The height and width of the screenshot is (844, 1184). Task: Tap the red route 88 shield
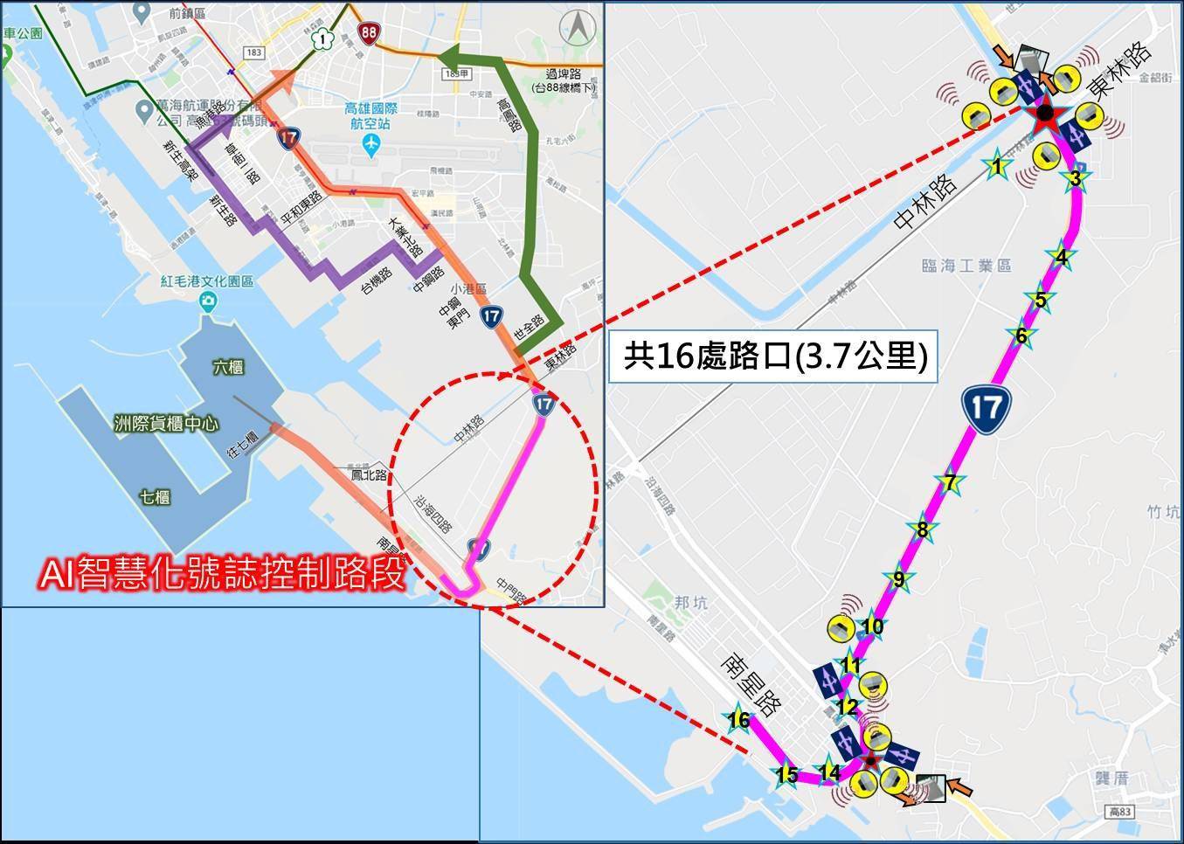tap(369, 33)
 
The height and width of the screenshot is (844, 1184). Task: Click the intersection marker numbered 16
tap(738, 720)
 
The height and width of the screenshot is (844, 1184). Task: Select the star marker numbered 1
tap(996, 164)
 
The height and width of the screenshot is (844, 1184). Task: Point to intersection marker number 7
tap(950, 482)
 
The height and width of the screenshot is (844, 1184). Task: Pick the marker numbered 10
tap(872, 626)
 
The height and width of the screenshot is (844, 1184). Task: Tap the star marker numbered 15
tap(786, 775)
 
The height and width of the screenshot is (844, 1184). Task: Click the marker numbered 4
tap(1061, 257)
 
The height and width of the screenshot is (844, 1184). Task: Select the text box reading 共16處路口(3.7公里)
tap(773, 356)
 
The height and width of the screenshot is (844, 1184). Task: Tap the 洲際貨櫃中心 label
tap(166, 425)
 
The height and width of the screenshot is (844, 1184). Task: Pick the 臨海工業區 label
tap(966, 266)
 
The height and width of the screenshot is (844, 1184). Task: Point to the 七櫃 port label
tap(155, 497)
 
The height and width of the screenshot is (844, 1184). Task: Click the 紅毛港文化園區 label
tap(206, 282)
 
